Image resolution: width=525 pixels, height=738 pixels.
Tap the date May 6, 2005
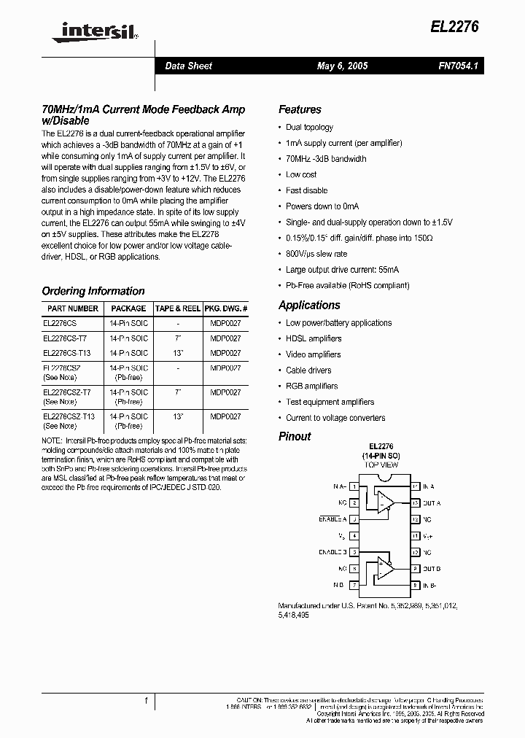[342, 66]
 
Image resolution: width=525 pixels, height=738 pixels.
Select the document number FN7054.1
[458, 66]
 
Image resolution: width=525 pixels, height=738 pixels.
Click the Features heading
[300, 109]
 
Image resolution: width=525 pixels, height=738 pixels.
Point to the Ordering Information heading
[93, 291]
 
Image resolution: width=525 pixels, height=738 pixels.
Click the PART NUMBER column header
[72, 308]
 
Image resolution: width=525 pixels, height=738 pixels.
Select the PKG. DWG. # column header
[226, 308]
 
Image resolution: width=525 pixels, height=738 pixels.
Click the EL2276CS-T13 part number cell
[66, 353]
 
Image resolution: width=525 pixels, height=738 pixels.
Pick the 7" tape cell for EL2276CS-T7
[179, 338]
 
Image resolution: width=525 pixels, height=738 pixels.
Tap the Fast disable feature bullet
[306, 190]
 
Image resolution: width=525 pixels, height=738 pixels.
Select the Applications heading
[309, 306]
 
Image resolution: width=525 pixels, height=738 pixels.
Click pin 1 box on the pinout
[354, 486]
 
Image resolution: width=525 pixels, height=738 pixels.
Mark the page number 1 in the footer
[147, 701]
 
